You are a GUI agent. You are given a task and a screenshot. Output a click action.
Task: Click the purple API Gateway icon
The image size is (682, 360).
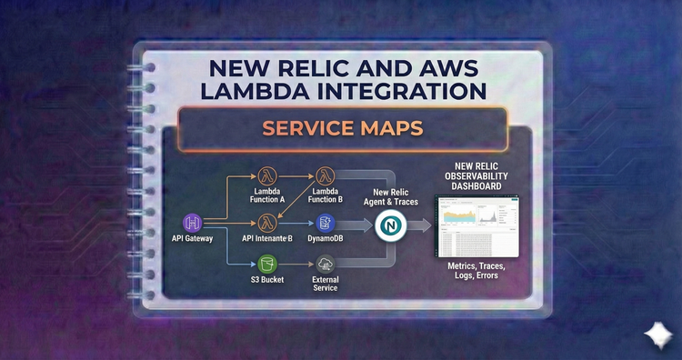(x=194, y=222)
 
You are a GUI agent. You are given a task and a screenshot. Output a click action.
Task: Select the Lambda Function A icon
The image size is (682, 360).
(x=268, y=175)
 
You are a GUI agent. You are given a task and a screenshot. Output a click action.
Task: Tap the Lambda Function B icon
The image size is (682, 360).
(x=326, y=175)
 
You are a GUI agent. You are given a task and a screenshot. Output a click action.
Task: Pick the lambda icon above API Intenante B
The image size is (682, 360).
(x=268, y=221)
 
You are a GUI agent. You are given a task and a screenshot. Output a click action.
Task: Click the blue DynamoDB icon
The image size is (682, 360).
(x=326, y=222)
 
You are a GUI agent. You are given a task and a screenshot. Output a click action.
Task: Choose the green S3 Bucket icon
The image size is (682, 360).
(x=268, y=264)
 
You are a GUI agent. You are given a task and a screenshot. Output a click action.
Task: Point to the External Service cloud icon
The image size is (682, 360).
(x=326, y=264)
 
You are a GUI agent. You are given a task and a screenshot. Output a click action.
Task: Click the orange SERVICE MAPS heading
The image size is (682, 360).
(x=342, y=128)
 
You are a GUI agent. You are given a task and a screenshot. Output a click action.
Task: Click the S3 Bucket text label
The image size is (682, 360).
(x=266, y=279)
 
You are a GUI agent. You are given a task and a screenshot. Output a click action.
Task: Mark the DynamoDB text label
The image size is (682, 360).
(x=326, y=238)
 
